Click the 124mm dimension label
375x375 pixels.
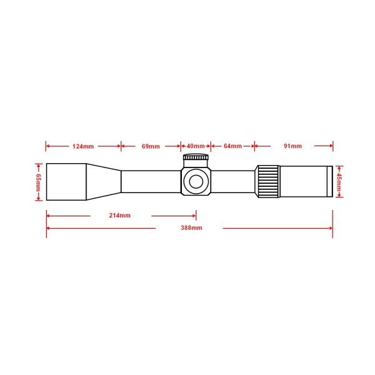click(83, 146)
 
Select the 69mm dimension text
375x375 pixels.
click(151, 146)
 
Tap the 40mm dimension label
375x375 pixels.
click(196, 146)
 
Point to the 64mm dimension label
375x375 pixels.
click(232, 146)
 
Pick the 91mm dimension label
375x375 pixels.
click(292, 146)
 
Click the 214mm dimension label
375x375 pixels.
click(119, 216)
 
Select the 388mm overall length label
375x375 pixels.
click(189, 228)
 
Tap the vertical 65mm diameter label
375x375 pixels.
click(37, 182)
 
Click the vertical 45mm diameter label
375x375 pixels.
click(340, 181)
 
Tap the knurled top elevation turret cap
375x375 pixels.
click(196, 159)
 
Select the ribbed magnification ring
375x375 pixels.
click(267, 181)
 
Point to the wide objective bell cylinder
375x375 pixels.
click(66, 182)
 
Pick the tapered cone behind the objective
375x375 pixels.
click(104, 182)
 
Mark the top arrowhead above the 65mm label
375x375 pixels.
click(37, 165)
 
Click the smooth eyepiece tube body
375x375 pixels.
click(303, 181)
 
